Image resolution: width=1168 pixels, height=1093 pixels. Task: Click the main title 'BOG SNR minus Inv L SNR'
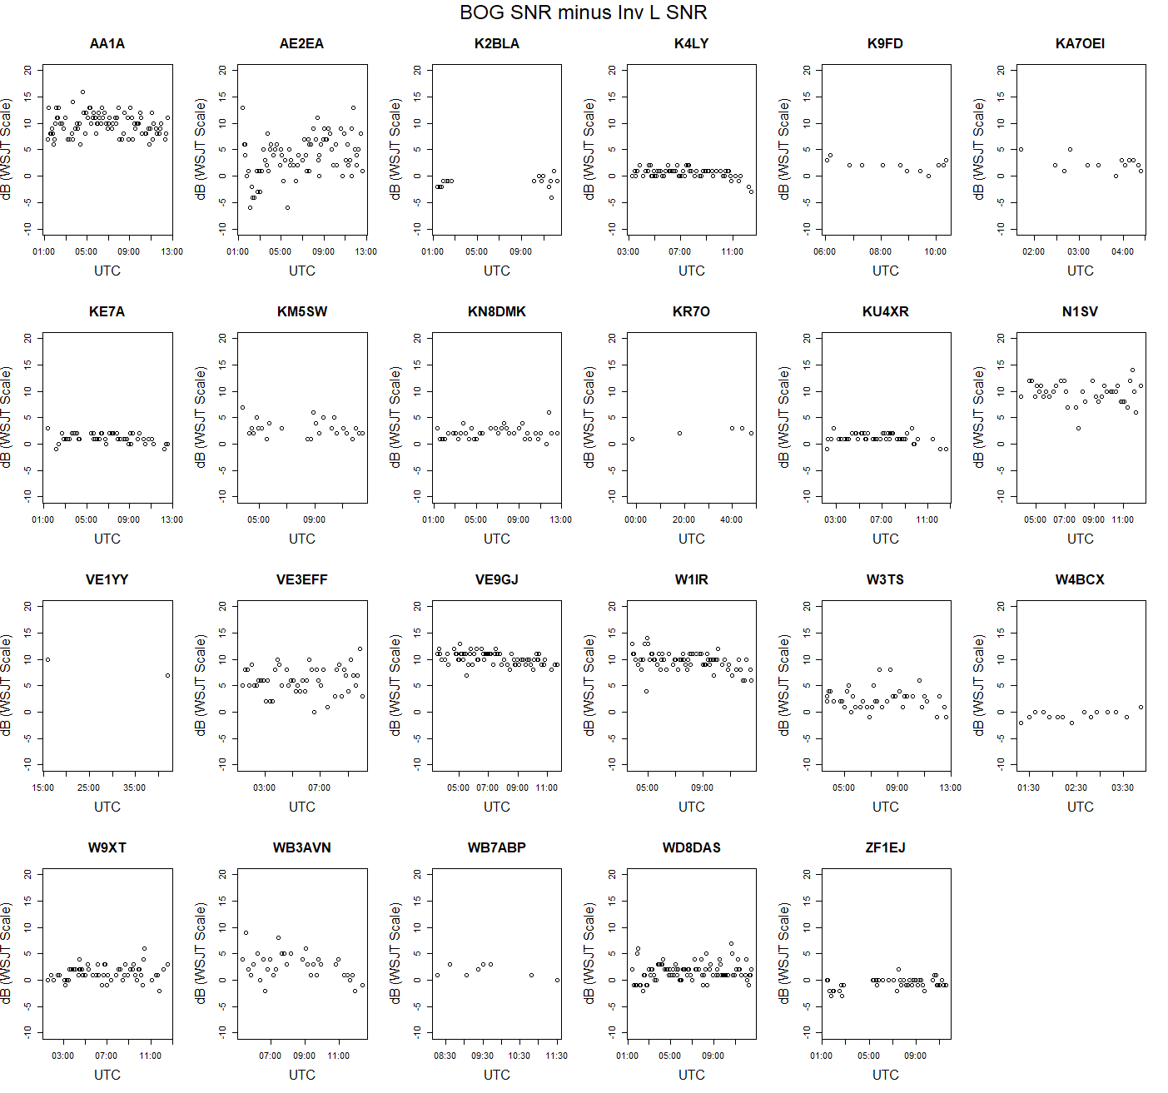pos(583,12)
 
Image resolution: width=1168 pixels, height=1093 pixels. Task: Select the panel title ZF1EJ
pos(885,847)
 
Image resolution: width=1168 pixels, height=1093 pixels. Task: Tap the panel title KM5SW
pos(302,311)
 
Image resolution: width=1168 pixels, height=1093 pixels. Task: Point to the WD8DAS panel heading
pos(691,847)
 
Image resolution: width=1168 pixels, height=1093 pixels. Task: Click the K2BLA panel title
pos(497,43)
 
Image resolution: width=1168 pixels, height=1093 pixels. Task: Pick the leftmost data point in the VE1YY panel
pos(47,659)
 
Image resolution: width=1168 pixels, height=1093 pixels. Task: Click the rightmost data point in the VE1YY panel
pos(167,675)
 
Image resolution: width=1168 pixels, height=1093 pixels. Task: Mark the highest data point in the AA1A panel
pos(82,92)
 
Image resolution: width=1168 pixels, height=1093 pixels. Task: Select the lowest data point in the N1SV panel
pos(1078,428)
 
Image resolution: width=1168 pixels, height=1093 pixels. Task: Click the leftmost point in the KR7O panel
pos(632,439)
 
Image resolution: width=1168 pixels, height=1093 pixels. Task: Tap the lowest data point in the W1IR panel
pos(646,691)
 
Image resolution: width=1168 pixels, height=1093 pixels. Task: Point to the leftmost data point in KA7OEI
pos(1021,149)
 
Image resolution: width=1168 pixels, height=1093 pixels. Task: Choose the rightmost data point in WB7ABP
pos(557,980)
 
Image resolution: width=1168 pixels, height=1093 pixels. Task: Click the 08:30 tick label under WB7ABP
pos(445,1056)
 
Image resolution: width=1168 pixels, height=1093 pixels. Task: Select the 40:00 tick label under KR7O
pos(731,519)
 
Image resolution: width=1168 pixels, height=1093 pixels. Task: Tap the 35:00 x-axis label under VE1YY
pos(134,787)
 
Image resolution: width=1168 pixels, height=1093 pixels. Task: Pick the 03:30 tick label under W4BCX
pos(1122,787)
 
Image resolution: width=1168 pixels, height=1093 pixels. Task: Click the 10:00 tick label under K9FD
pos(935,251)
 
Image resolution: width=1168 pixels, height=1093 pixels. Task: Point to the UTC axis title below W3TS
pos(885,807)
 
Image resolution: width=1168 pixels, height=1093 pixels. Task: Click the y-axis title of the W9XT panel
pos(7,953)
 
